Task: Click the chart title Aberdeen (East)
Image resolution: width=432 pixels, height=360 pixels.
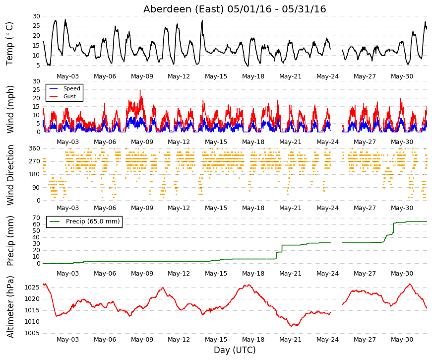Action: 183,9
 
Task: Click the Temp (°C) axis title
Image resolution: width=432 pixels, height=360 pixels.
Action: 9,44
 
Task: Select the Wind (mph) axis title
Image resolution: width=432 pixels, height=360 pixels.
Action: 10,109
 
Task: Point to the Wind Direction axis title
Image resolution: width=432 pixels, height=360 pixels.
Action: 10,175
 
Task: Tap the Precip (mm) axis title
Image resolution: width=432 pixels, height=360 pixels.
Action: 10,241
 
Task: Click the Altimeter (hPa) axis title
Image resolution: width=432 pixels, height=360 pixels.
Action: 10,307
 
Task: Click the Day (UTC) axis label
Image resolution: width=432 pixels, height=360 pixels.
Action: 235,350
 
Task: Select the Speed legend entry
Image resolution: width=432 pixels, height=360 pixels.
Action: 71,88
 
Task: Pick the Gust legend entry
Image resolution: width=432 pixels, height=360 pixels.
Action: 69,96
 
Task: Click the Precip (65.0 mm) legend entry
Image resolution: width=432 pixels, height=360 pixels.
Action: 93,221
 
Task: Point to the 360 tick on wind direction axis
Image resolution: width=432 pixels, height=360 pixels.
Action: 34,148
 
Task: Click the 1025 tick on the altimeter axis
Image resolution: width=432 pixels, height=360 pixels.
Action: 32,288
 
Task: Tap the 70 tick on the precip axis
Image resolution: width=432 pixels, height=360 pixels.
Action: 36,218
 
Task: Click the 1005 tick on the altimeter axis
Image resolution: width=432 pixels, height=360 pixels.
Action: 32,333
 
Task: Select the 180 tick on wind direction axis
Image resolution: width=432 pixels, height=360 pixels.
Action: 34,174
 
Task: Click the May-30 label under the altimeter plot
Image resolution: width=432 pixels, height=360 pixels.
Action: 402,340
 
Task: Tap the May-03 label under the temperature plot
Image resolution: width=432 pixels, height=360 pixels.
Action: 67,76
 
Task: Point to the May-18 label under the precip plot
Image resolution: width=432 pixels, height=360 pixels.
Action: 253,274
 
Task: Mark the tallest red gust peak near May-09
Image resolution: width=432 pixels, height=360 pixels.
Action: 140,90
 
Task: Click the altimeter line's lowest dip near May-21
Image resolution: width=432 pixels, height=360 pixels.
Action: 292,326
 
